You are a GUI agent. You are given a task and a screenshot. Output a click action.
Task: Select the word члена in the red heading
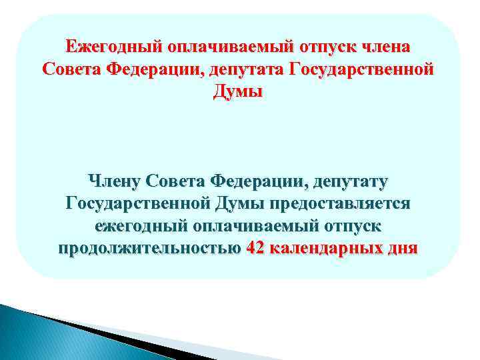[x=387, y=47]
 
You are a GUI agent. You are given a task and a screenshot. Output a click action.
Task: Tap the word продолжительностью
[x=150, y=249]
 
